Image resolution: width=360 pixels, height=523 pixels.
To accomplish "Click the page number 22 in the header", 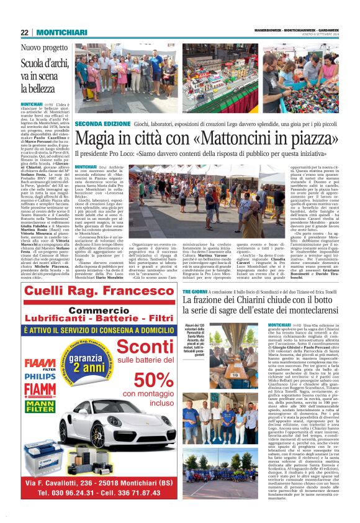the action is [25, 32].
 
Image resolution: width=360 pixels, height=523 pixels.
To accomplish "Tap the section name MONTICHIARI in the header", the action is [56, 32].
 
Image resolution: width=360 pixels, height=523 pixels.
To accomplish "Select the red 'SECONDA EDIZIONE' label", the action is [102, 124].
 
